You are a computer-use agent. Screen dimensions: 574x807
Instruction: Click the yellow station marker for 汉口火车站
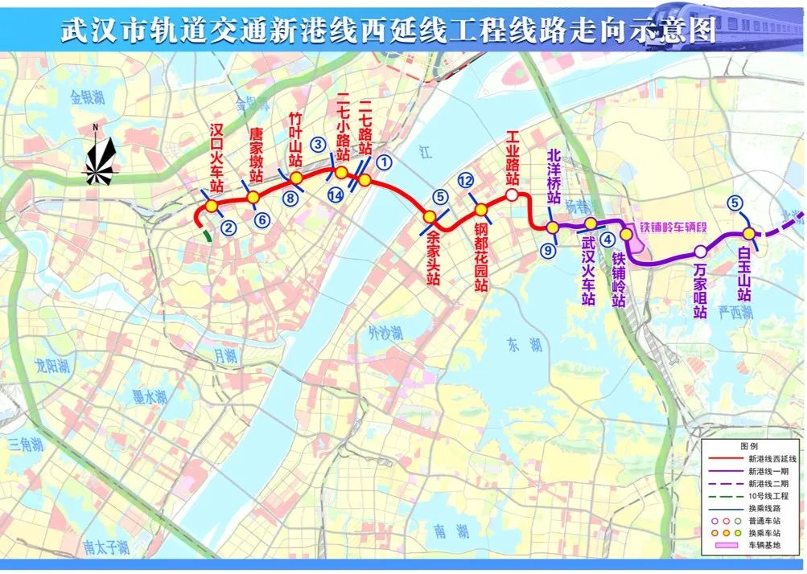coord(212,207)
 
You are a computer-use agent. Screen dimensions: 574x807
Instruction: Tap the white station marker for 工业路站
coord(512,195)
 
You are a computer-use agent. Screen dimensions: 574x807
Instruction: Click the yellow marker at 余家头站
coord(430,216)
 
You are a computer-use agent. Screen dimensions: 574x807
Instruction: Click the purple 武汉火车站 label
coord(589,270)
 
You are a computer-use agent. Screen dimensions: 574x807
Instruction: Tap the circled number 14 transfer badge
coord(336,195)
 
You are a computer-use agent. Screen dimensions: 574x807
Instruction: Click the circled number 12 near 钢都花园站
coord(465,181)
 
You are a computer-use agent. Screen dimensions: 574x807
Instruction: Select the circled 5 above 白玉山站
coord(734,203)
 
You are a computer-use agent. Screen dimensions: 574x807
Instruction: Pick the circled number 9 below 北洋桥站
coord(549,251)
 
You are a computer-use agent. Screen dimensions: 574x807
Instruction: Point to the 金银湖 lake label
coord(87,98)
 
